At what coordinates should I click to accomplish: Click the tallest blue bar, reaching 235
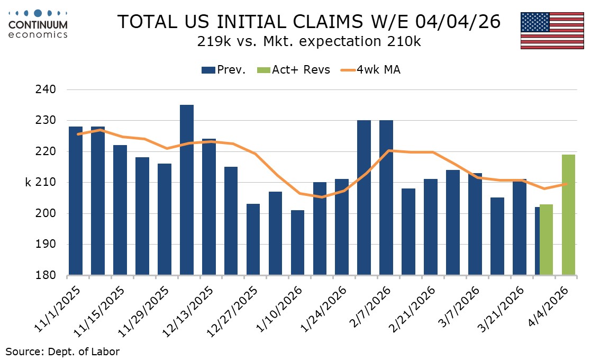coord(186,191)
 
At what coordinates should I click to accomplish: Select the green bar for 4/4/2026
coord(568,215)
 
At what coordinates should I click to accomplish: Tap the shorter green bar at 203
coord(546,240)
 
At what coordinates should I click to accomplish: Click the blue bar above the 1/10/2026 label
coord(297,243)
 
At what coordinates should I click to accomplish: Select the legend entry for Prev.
coord(223,70)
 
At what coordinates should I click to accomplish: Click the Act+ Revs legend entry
coord(294,70)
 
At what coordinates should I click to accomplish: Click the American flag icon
coord(552,30)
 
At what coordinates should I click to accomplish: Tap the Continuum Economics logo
coord(38,24)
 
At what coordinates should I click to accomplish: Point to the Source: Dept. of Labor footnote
coord(62,351)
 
